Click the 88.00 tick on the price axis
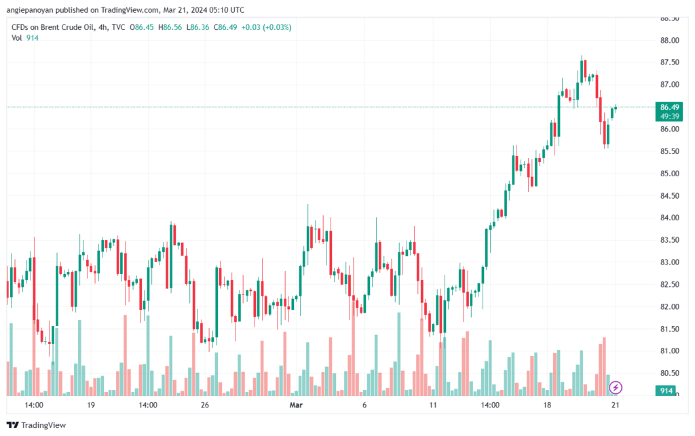pos(669,41)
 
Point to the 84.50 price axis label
pos(669,196)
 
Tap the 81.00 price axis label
pos(669,351)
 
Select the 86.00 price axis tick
pos(669,129)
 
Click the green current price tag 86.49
pos(669,107)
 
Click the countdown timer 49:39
pos(669,116)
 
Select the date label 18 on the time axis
pos(546,405)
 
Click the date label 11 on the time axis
pos(433,405)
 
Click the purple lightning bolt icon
pos(615,388)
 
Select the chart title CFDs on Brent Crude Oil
pos(52,27)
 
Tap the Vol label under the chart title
pos(17,38)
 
